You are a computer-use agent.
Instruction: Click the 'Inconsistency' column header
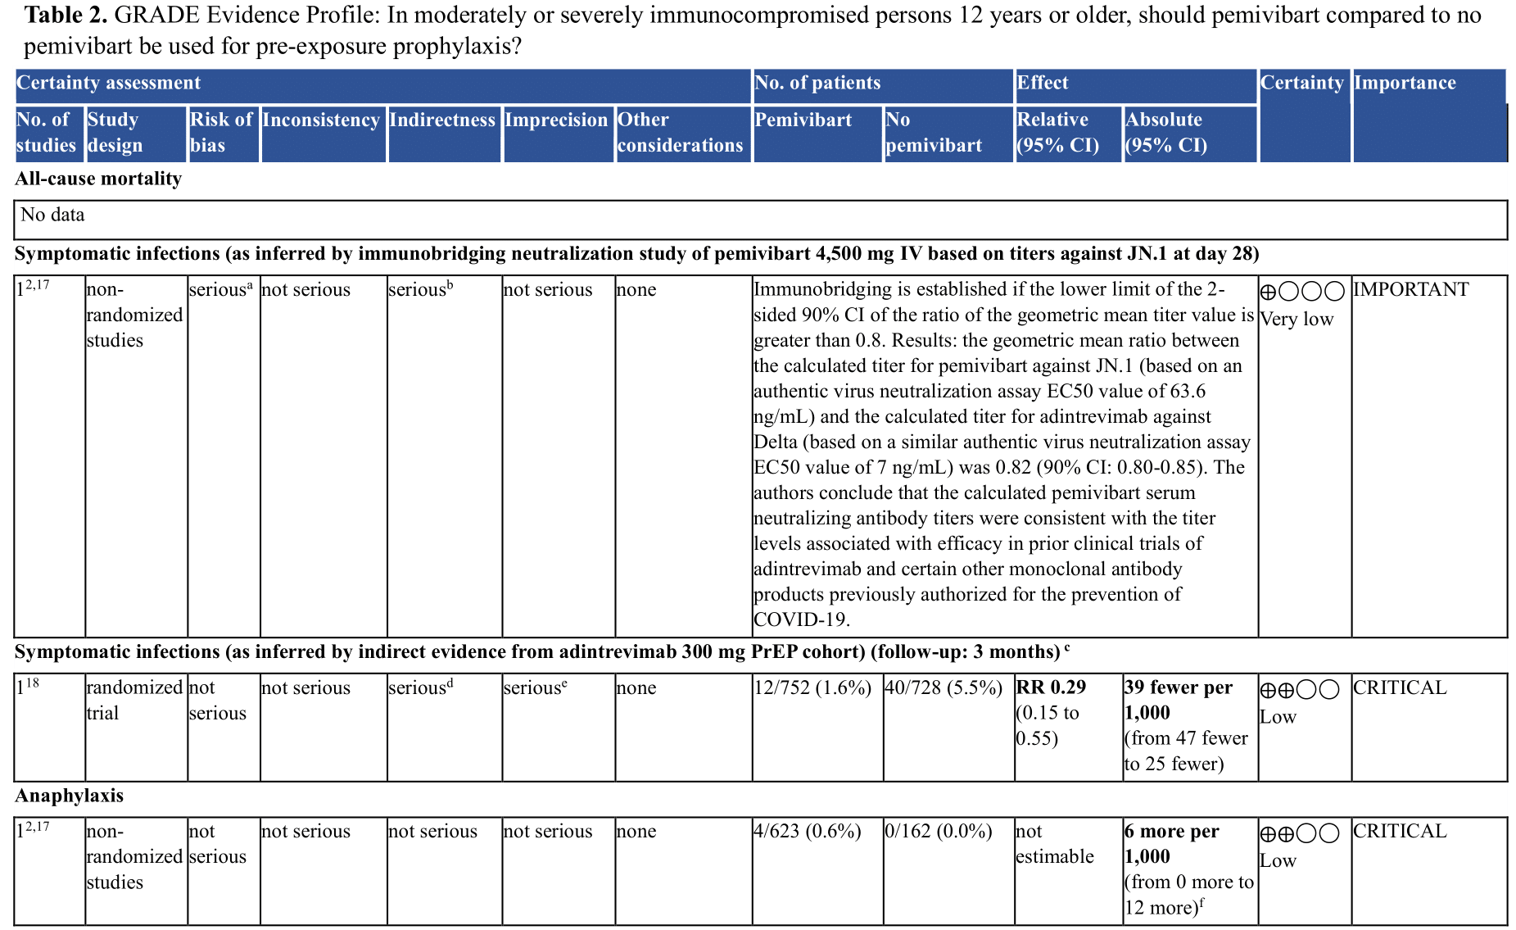321,120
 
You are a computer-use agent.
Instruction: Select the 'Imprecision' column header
556,120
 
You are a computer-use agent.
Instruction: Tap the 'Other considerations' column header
680,133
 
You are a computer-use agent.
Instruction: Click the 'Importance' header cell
1405,83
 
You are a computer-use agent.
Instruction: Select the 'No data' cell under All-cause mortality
52,215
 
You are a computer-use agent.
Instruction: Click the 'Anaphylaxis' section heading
70,796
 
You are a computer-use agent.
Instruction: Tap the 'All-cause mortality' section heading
98,179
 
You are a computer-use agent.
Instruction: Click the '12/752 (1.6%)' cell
812,688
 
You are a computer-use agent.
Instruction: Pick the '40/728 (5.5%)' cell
944,688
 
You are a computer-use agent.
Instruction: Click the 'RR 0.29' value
1051,687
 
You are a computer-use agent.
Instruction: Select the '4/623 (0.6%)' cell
807,832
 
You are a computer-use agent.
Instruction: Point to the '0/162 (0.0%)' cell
939,832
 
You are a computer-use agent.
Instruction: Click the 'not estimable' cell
1054,844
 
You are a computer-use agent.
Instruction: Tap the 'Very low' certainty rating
1297,320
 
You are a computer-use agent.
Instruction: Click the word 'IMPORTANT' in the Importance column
1410,290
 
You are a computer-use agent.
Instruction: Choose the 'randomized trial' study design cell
134,701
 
